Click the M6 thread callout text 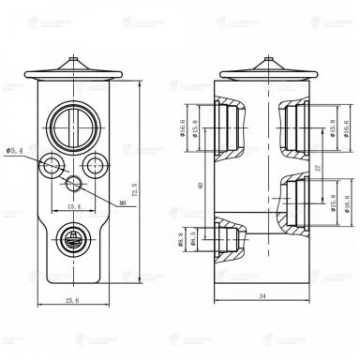click(x=124, y=200)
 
